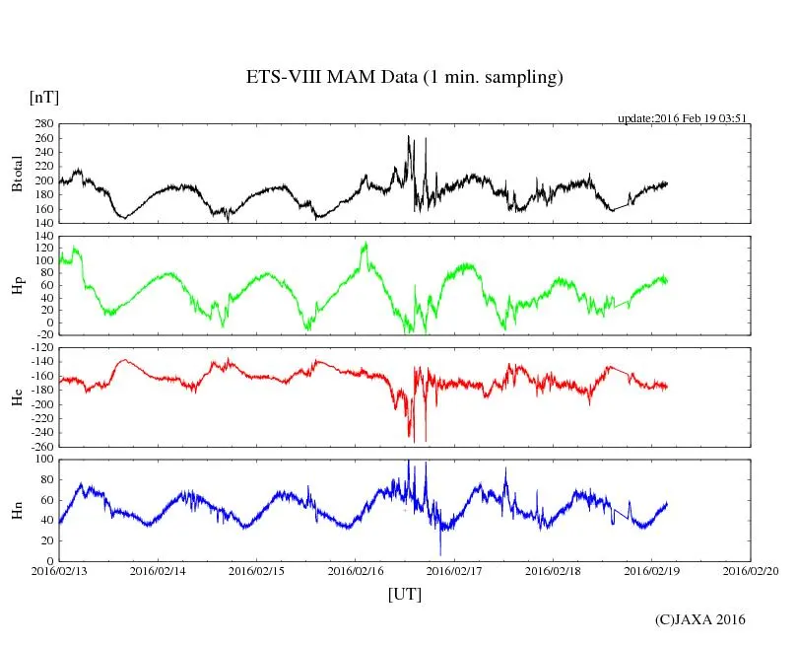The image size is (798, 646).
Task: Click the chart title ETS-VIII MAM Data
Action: click(x=404, y=77)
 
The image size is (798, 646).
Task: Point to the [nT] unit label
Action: click(x=43, y=97)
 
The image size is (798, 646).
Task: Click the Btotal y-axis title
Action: click(x=17, y=174)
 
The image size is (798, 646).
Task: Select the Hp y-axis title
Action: click(x=17, y=286)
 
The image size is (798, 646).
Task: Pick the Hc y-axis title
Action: click(x=17, y=397)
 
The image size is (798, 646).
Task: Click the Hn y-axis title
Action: click(x=17, y=510)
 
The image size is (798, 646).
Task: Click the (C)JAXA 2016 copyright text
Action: click(x=700, y=619)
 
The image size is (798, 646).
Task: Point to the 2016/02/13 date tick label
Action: click(x=58, y=571)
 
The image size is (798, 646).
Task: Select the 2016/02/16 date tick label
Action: click(x=355, y=571)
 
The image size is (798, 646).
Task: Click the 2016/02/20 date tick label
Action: click(x=751, y=571)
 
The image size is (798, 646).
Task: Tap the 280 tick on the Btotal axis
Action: click(x=42, y=124)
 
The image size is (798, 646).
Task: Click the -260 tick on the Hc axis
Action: click(x=40, y=446)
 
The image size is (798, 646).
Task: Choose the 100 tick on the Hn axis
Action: click(x=42, y=460)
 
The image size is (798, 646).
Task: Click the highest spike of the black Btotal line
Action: click(x=409, y=136)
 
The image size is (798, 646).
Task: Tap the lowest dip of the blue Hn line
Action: click(x=440, y=555)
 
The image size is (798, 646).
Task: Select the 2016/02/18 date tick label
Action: click(x=553, y=571)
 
